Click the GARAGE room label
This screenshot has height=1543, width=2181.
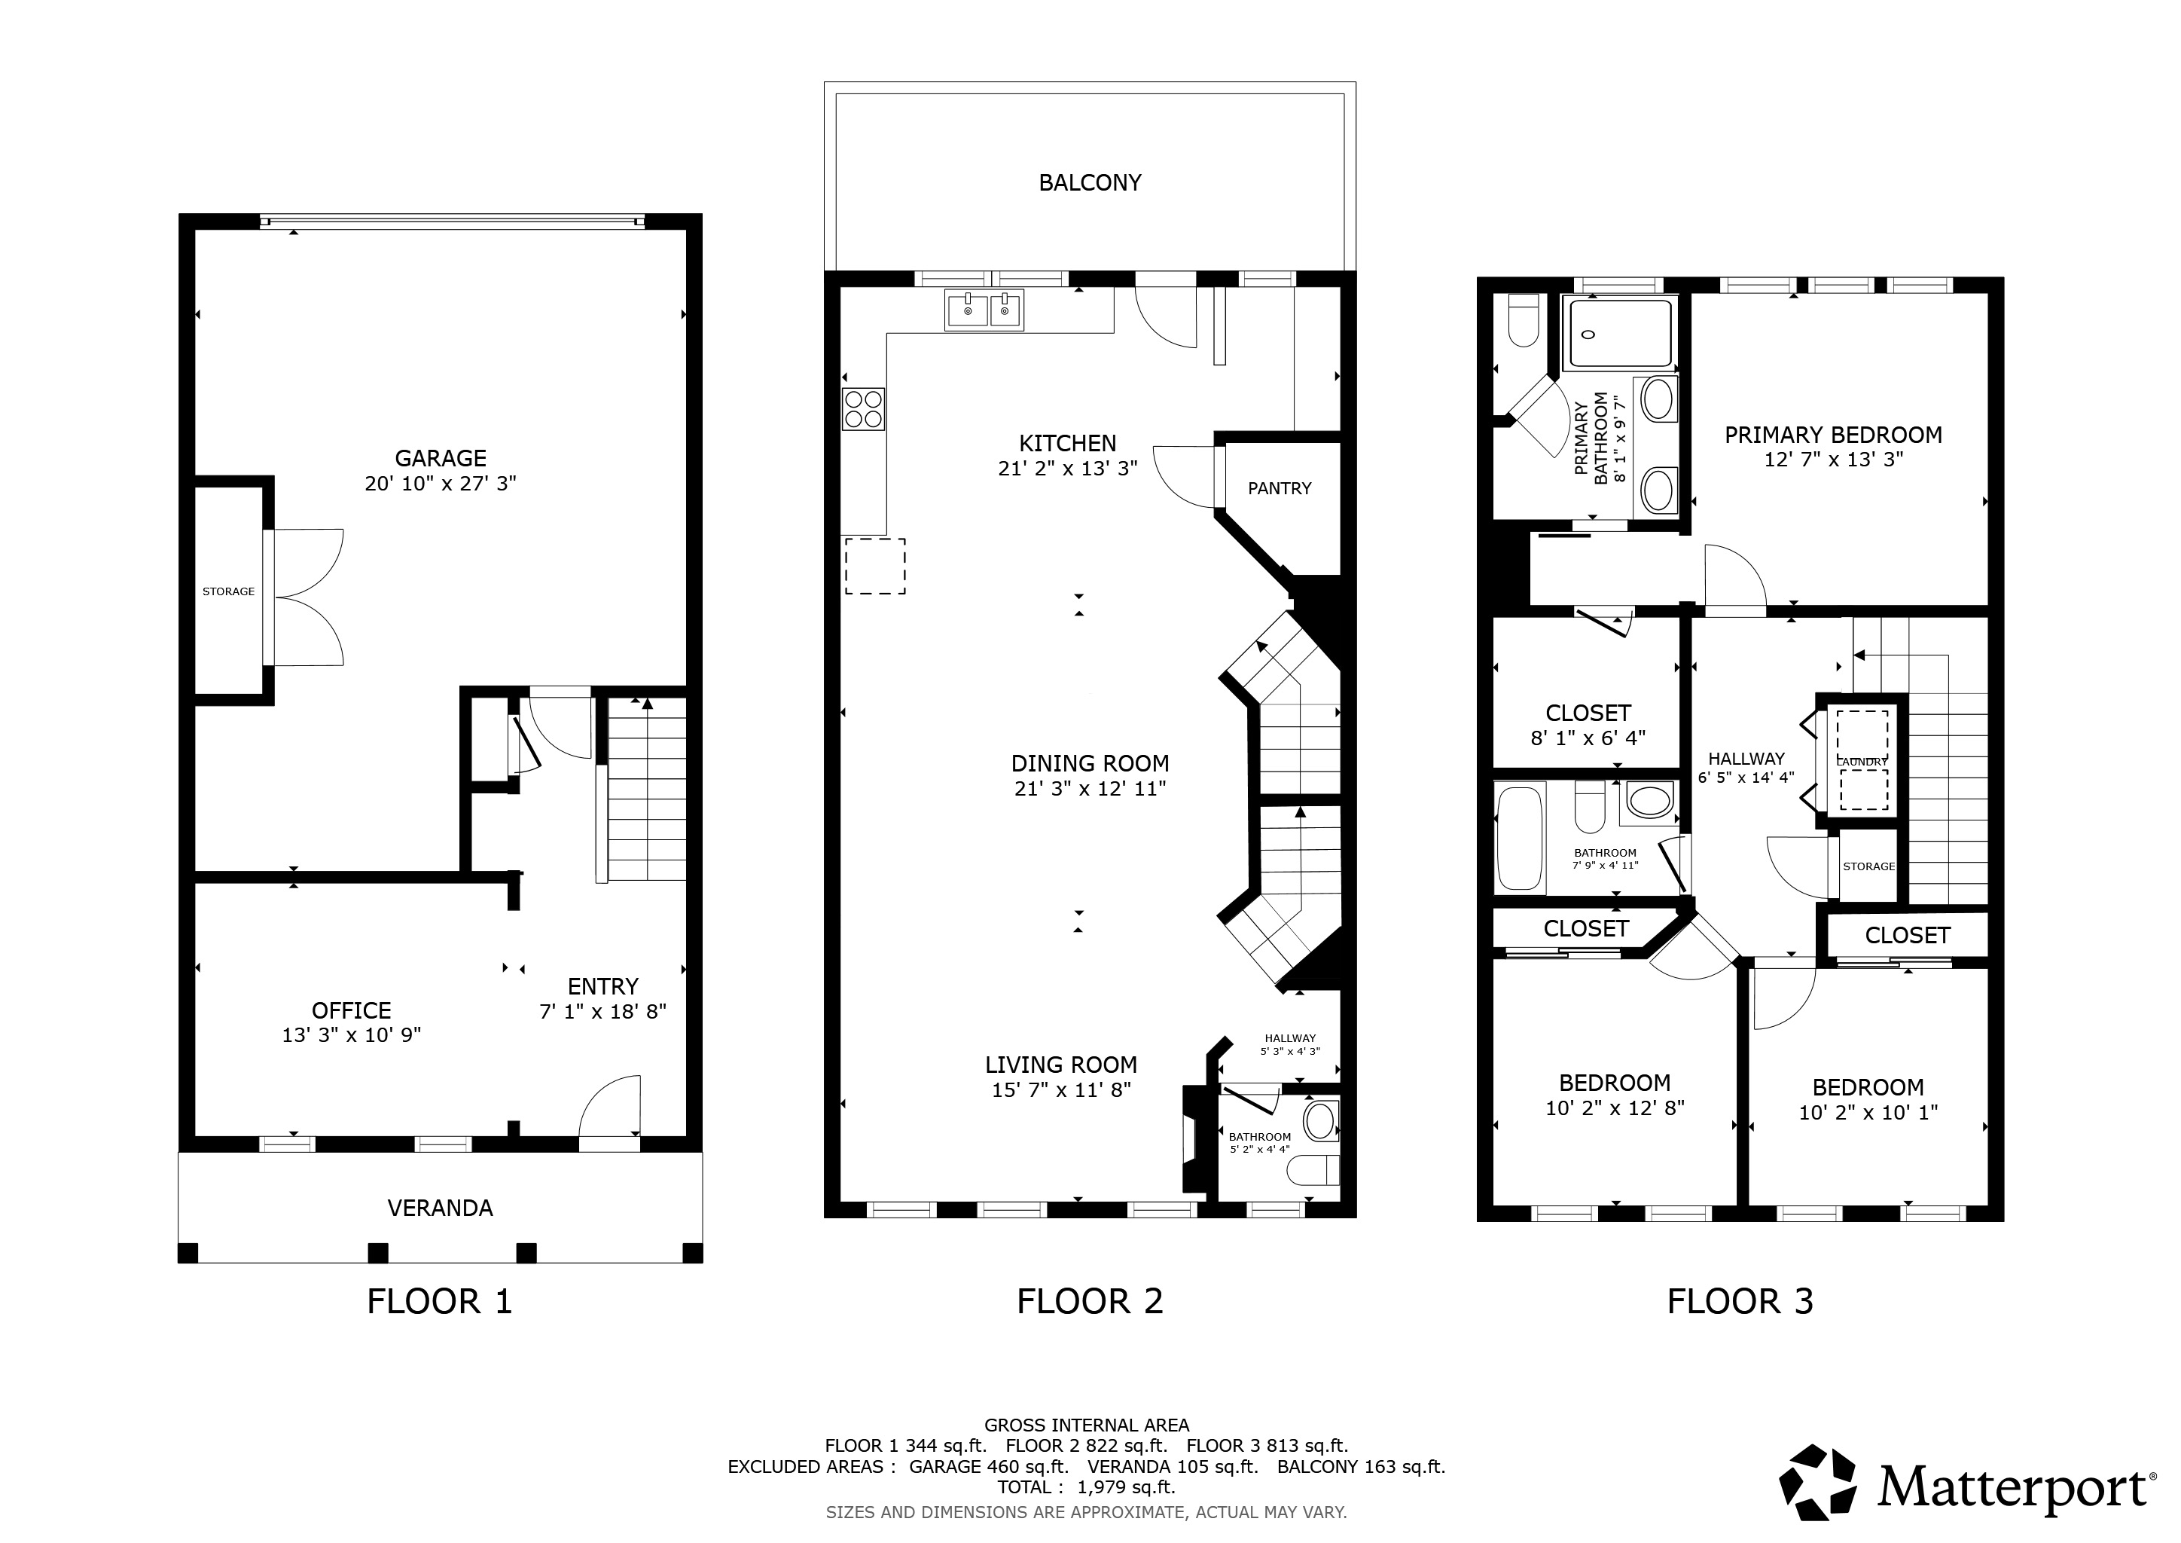click(x=441, y=458)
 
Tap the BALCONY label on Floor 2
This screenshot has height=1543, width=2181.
click(x=1090, y=182)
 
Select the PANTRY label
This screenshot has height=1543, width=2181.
click(x=1280, y=488)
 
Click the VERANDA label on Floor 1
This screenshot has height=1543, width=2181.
click(x=440, y=1208)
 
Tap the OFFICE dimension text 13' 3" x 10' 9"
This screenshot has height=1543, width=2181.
click(x=352, y=1034)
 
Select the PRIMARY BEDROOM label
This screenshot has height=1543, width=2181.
click(x=1833, y=435)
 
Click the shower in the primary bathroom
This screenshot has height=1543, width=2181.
click(x=1620, y=334)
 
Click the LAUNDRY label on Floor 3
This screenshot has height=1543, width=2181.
click(x=1862, y=762)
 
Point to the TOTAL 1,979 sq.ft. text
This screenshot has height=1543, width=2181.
click(x=1087, y=1487)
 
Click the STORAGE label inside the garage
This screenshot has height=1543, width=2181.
click(x=229, y=591)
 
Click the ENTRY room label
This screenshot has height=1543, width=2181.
click(x=603, y=986)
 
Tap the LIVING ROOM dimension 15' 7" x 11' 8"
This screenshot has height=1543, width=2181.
click(x=1061, y=1089)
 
